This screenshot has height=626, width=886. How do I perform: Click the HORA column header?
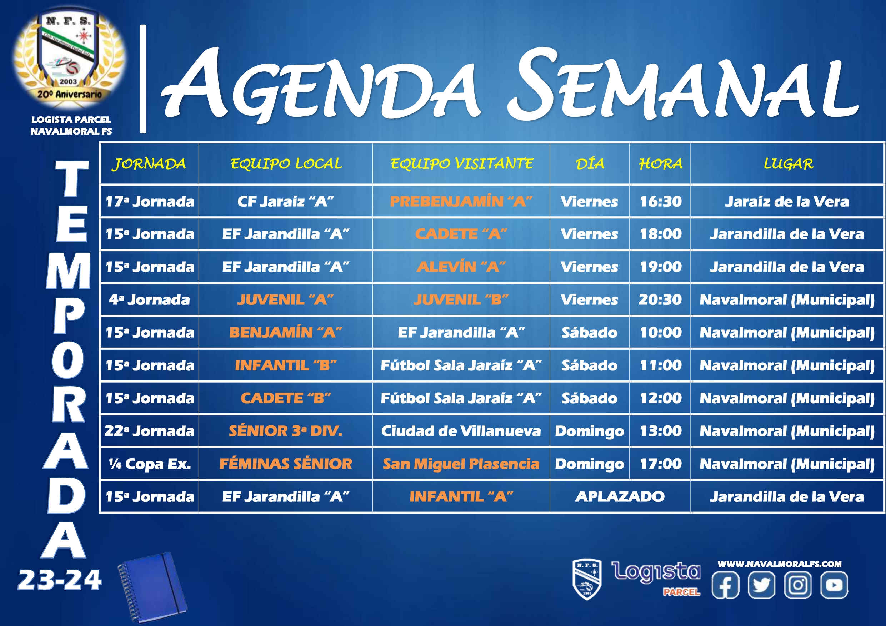click(x=660, y=164)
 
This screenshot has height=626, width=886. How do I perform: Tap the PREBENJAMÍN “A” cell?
click(x=461, y=201)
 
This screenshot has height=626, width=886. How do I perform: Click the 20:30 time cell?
click(x=660, y=300)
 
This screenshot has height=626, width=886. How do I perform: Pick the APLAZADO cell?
click(x=620, y=496)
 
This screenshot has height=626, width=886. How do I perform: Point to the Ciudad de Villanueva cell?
click(x=461, y=431)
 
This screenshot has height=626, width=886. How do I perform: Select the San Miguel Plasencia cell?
click(x=461, y=464)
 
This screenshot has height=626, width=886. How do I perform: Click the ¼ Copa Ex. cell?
click(x=150, y=464)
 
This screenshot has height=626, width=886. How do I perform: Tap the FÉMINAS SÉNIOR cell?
click(x=286, y=464)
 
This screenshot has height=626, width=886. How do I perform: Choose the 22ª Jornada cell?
click(x=150, y=431)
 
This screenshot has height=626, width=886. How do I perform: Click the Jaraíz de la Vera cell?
click(x=787, y=201)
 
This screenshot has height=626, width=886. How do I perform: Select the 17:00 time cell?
click(x=660, y=464)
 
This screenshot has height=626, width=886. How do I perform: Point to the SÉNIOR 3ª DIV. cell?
click(x=286, y=431)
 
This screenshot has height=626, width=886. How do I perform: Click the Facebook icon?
click(x=725, y=585)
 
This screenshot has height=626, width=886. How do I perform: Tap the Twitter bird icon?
click(x=761, y=585)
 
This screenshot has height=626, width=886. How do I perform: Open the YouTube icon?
click(x=834, y=585)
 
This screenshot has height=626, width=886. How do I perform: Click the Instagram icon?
click(x=798, y=585)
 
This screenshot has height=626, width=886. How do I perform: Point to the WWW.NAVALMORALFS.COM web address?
click(x=780, y=564)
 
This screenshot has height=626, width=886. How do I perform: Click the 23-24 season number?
click(x=60, y=580)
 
